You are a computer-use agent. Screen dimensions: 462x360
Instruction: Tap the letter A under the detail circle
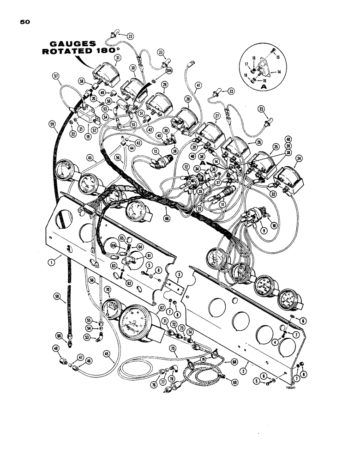250,86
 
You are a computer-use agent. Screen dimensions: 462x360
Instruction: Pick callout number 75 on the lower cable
173,349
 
